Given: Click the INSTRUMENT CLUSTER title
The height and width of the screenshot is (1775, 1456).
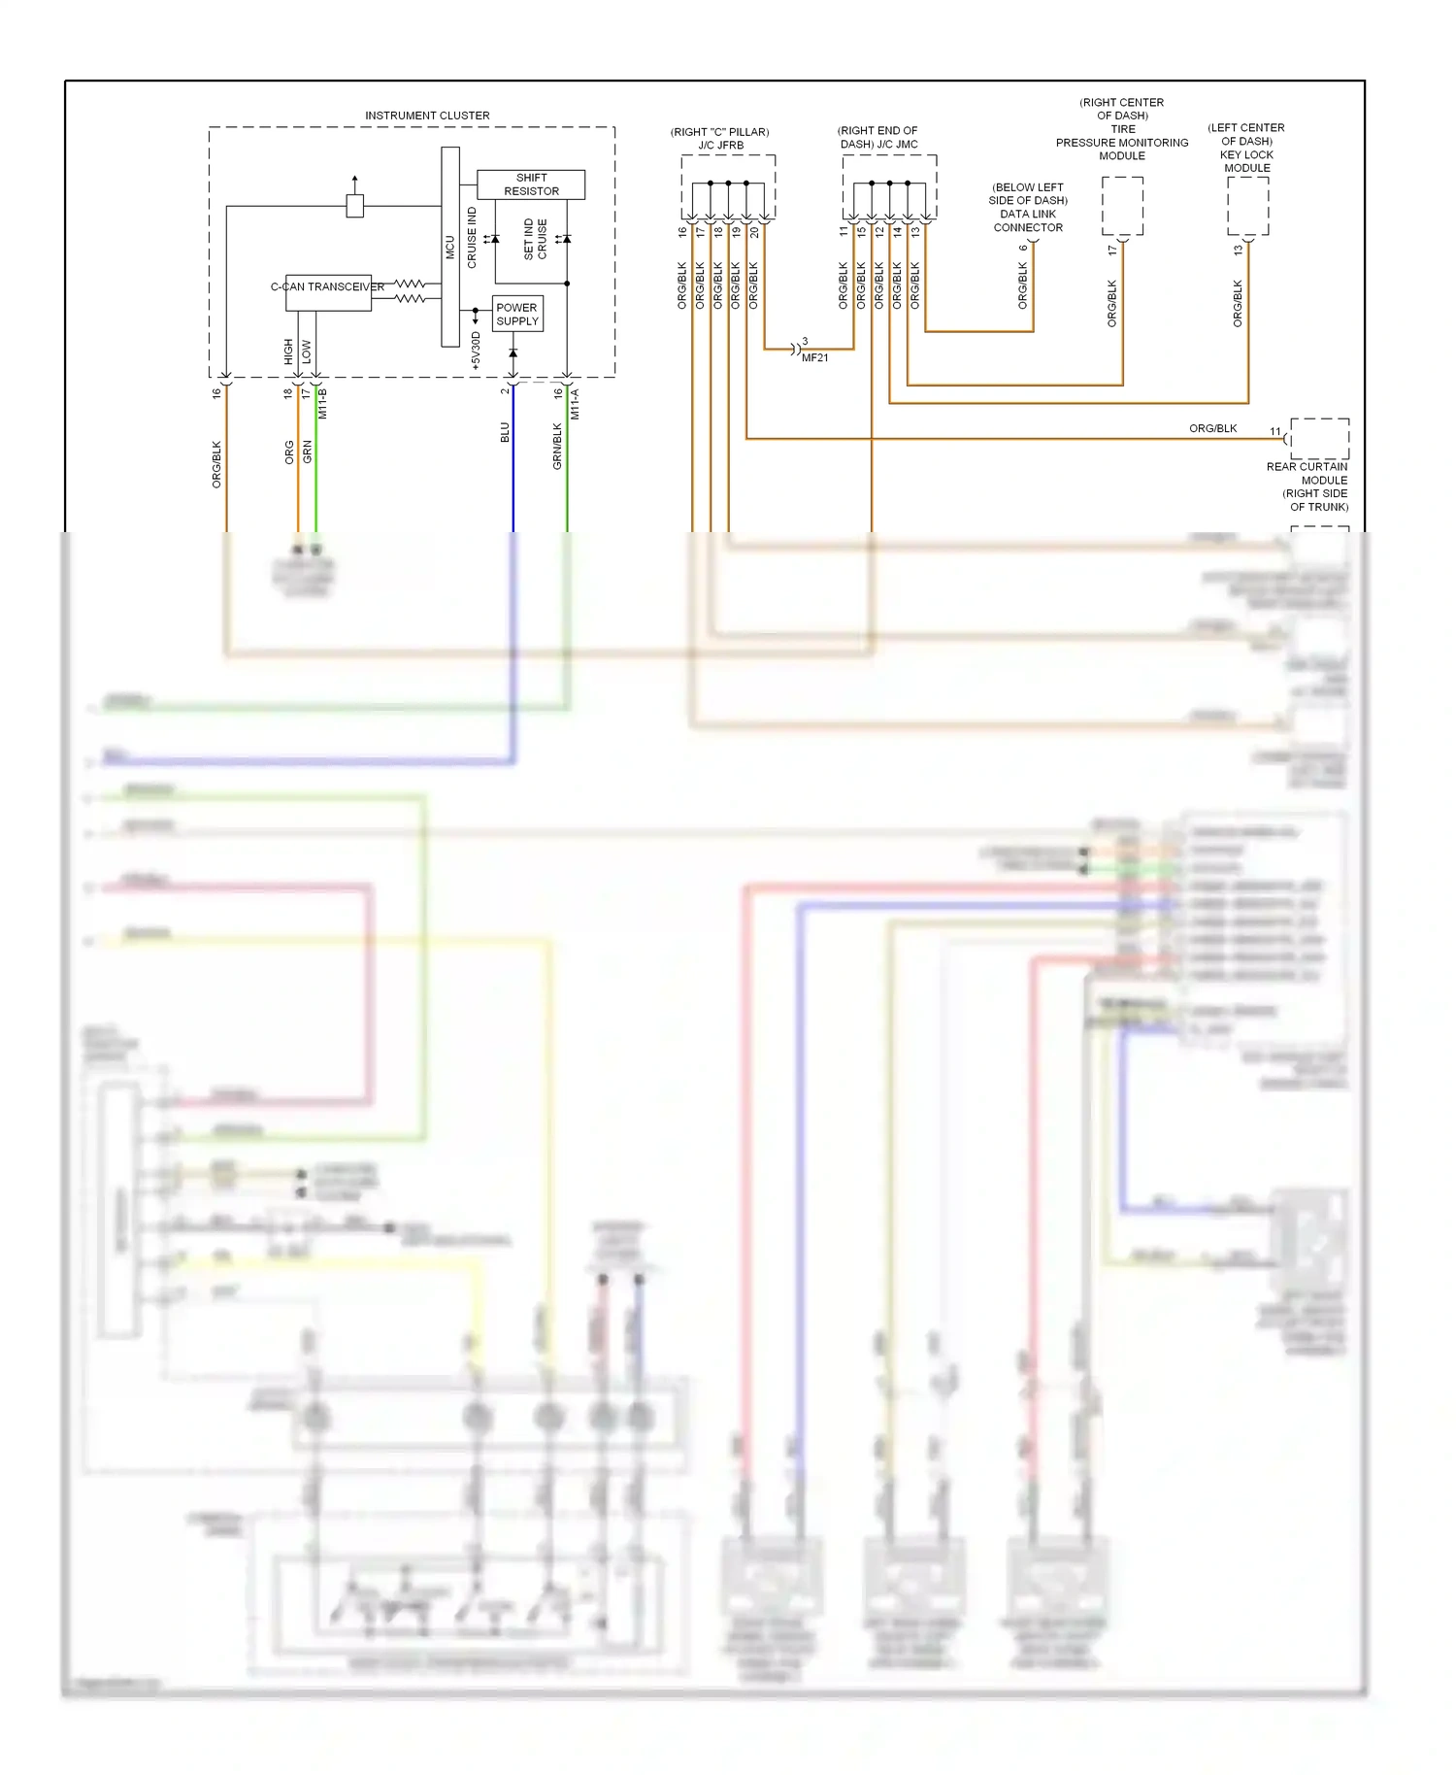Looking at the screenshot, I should (427, 116).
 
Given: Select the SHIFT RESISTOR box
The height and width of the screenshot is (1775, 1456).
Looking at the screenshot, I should (531, 184).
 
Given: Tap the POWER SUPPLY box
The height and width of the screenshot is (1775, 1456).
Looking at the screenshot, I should (516, 315).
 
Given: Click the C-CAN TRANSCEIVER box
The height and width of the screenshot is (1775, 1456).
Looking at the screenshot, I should (328, 292).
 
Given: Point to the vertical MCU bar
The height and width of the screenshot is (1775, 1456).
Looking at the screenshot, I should (449, 247).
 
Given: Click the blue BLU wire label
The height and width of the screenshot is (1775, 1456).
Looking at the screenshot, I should (505, 432).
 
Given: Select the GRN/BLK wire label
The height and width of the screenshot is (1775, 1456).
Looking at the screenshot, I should (557, 447).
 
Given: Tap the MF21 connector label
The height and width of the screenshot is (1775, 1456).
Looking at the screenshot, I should (815, 357).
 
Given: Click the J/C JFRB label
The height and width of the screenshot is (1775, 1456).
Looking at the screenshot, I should (720, 146).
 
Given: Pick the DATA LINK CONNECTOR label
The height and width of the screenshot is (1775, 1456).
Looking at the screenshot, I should (1028, 220).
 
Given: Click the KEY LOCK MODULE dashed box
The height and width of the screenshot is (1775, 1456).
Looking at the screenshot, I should (1247, 206).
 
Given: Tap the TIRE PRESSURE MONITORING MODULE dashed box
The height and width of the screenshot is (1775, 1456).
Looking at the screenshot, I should (1122, 206).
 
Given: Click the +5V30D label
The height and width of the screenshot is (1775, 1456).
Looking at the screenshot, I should (476, 351).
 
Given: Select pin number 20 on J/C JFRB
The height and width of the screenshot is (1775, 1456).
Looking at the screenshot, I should (754, 232).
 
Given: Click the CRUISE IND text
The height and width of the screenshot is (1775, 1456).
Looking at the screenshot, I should (473, 238).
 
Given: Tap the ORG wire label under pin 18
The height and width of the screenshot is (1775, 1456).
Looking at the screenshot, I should (289, 452).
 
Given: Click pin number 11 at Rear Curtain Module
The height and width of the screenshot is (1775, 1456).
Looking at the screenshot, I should (1275, 431).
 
